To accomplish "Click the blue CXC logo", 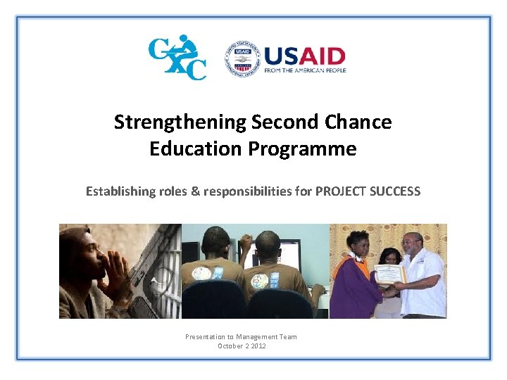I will point(177,57).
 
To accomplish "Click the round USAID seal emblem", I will point(242,58).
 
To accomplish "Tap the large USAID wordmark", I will point(305,56).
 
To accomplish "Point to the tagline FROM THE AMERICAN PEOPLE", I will point(305,70).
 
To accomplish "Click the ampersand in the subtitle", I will point(195,191).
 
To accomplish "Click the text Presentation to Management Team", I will point(241,336).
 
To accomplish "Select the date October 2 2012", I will point(242,346).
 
